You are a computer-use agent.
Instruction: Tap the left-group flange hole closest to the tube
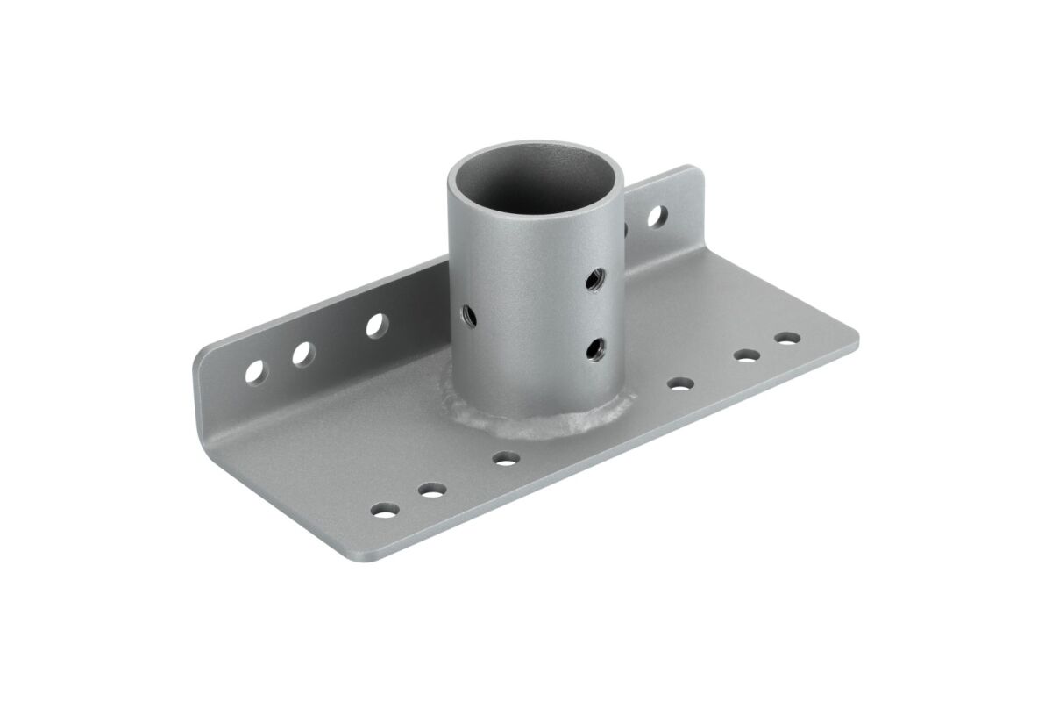[377, 326]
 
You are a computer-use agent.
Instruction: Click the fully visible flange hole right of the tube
[656, 215]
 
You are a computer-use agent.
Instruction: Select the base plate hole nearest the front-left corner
[383, 509]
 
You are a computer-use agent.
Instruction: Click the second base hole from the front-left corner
[430, 490]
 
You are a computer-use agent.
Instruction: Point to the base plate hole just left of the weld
[504, 457]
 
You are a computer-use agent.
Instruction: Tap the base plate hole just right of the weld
[679, 383]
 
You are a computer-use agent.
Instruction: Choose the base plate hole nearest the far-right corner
[786, 337]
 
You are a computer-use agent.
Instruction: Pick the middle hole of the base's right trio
[746, 355]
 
